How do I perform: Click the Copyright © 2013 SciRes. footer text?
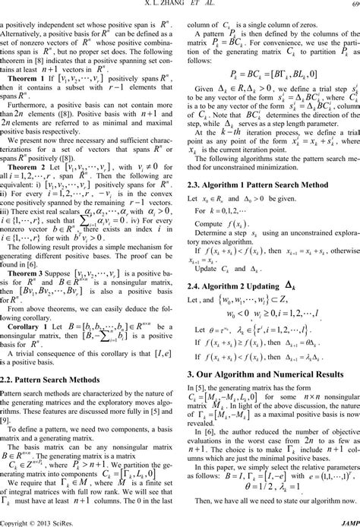click(35, 522)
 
